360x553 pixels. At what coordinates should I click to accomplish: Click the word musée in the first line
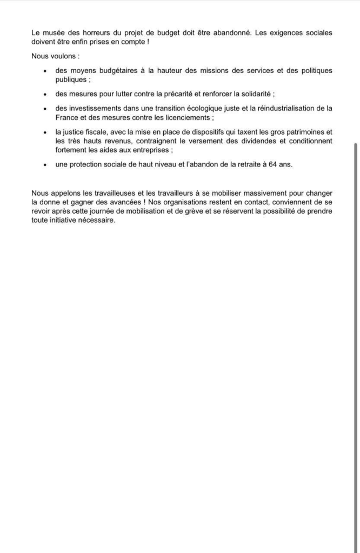(52, 33)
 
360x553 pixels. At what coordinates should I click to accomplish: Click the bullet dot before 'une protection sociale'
(44, 165)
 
